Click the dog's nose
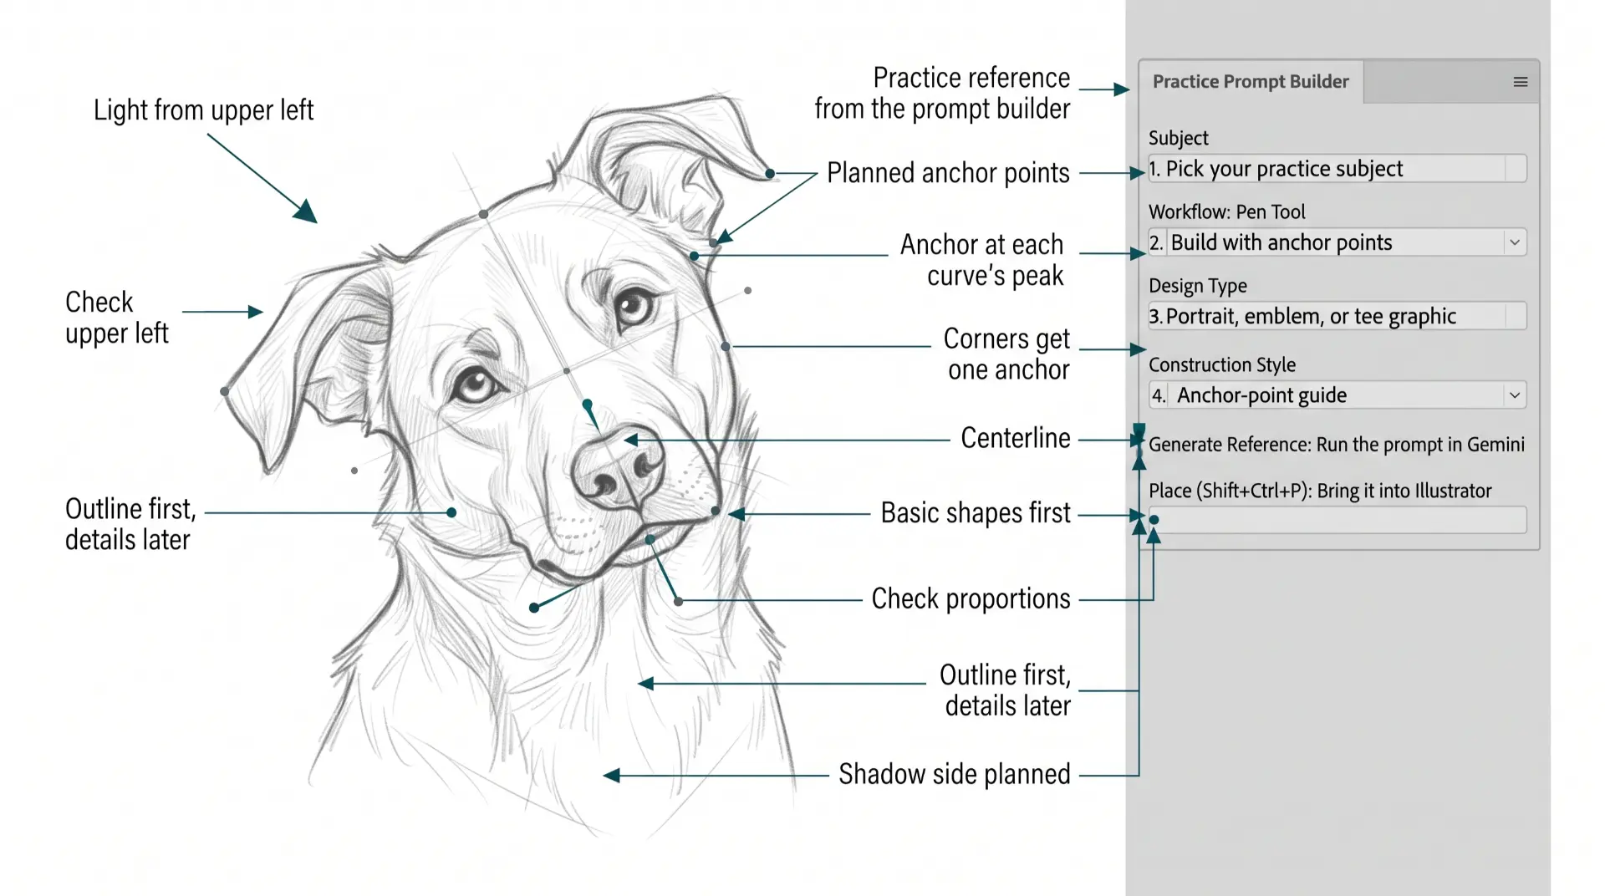[x=619, y=466]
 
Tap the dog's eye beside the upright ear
[x=634, y=308]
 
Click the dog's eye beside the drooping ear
[x=474, y=385]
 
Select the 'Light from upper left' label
[x=203, y=110]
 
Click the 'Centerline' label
[x=1016, y=438]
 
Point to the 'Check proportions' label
[x=971, y=599]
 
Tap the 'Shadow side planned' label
[x=955, y=775]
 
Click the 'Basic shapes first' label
[x=976, y=513]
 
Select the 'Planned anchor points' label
[x=948, y=173]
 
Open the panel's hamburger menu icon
[x=1521, y=82]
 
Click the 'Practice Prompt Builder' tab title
[x=1251, y=82]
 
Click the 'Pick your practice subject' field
[x=1337, y=169]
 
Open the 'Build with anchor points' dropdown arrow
[x=1515, y=242]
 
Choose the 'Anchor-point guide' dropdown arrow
[x=1515, y=395]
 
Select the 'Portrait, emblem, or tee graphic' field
[x=1337, y=316]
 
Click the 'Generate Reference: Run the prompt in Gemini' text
[x=1336, y=445]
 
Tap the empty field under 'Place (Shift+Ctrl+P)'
[x=1337, y=520]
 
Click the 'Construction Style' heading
[x=1221, y=365]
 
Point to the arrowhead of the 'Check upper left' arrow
[x=256, y=312]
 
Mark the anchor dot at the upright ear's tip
[x=770, y=174]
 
